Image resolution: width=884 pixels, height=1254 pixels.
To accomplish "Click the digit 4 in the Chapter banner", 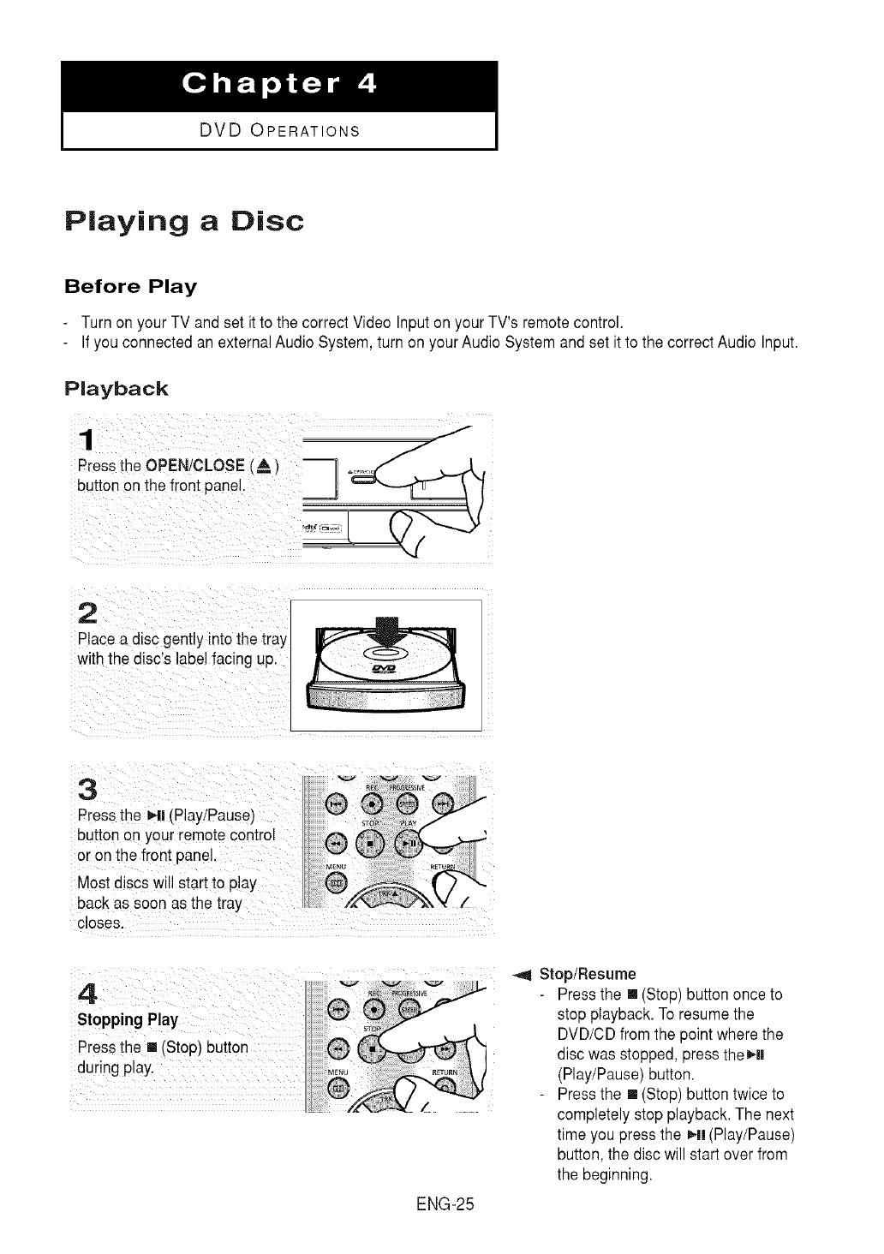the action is tap(365, 85).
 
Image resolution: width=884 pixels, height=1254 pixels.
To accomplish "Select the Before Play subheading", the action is tap(131, 285).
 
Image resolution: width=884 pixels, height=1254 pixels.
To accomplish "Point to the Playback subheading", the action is tap(116, 389).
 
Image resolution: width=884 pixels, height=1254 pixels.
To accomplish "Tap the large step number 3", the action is tap(86, 786).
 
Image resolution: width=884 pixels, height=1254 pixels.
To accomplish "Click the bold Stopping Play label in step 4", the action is tap(128, 1020).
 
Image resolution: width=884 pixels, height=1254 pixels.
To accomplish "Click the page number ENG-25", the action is tap(443, 1205).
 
